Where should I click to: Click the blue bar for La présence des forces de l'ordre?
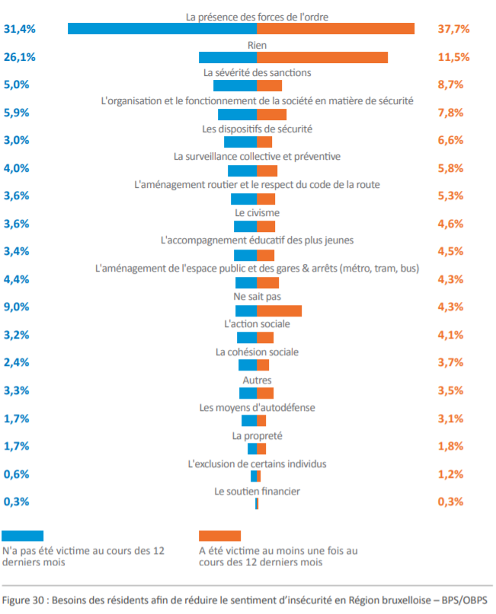pyautogui.click(x=162, y=29)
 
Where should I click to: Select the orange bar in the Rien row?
pyautogui.click(x=322, y=57)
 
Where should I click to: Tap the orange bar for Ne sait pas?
pyautogui.click(x=279, y=310)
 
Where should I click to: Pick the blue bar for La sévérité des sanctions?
pyautogui.click(x=235, y=85)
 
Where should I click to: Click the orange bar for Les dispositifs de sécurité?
pyautogui.click(x=264, y=142)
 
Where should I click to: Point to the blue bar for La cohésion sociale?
pyautogui.click(x=248, y=364)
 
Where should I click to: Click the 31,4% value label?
pyautogui.click(x=20, y=29)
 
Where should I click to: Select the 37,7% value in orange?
pyautogui.click(x=454, y=29)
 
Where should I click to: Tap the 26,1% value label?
pyautogui.click(x=20, y=57)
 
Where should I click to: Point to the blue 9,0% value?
pyautogui.click(x=17, y=307)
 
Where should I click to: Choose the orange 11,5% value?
pyautogui.click(x=454, y=57)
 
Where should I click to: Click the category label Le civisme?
pyautogui.click(x=257, y=212)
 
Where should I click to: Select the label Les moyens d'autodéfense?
pyautogui.click(x=257, y=408)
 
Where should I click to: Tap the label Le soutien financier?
pyautogui.click(x=257, y=492)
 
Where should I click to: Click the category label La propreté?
pyautogui.click(x=257, y=436)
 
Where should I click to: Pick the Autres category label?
pyautogui.click(x=257, y=380)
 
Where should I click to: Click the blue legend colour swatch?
pyautogui.click(x=23, y=536)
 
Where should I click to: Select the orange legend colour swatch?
pyautogui.click(x=219, y=536)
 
